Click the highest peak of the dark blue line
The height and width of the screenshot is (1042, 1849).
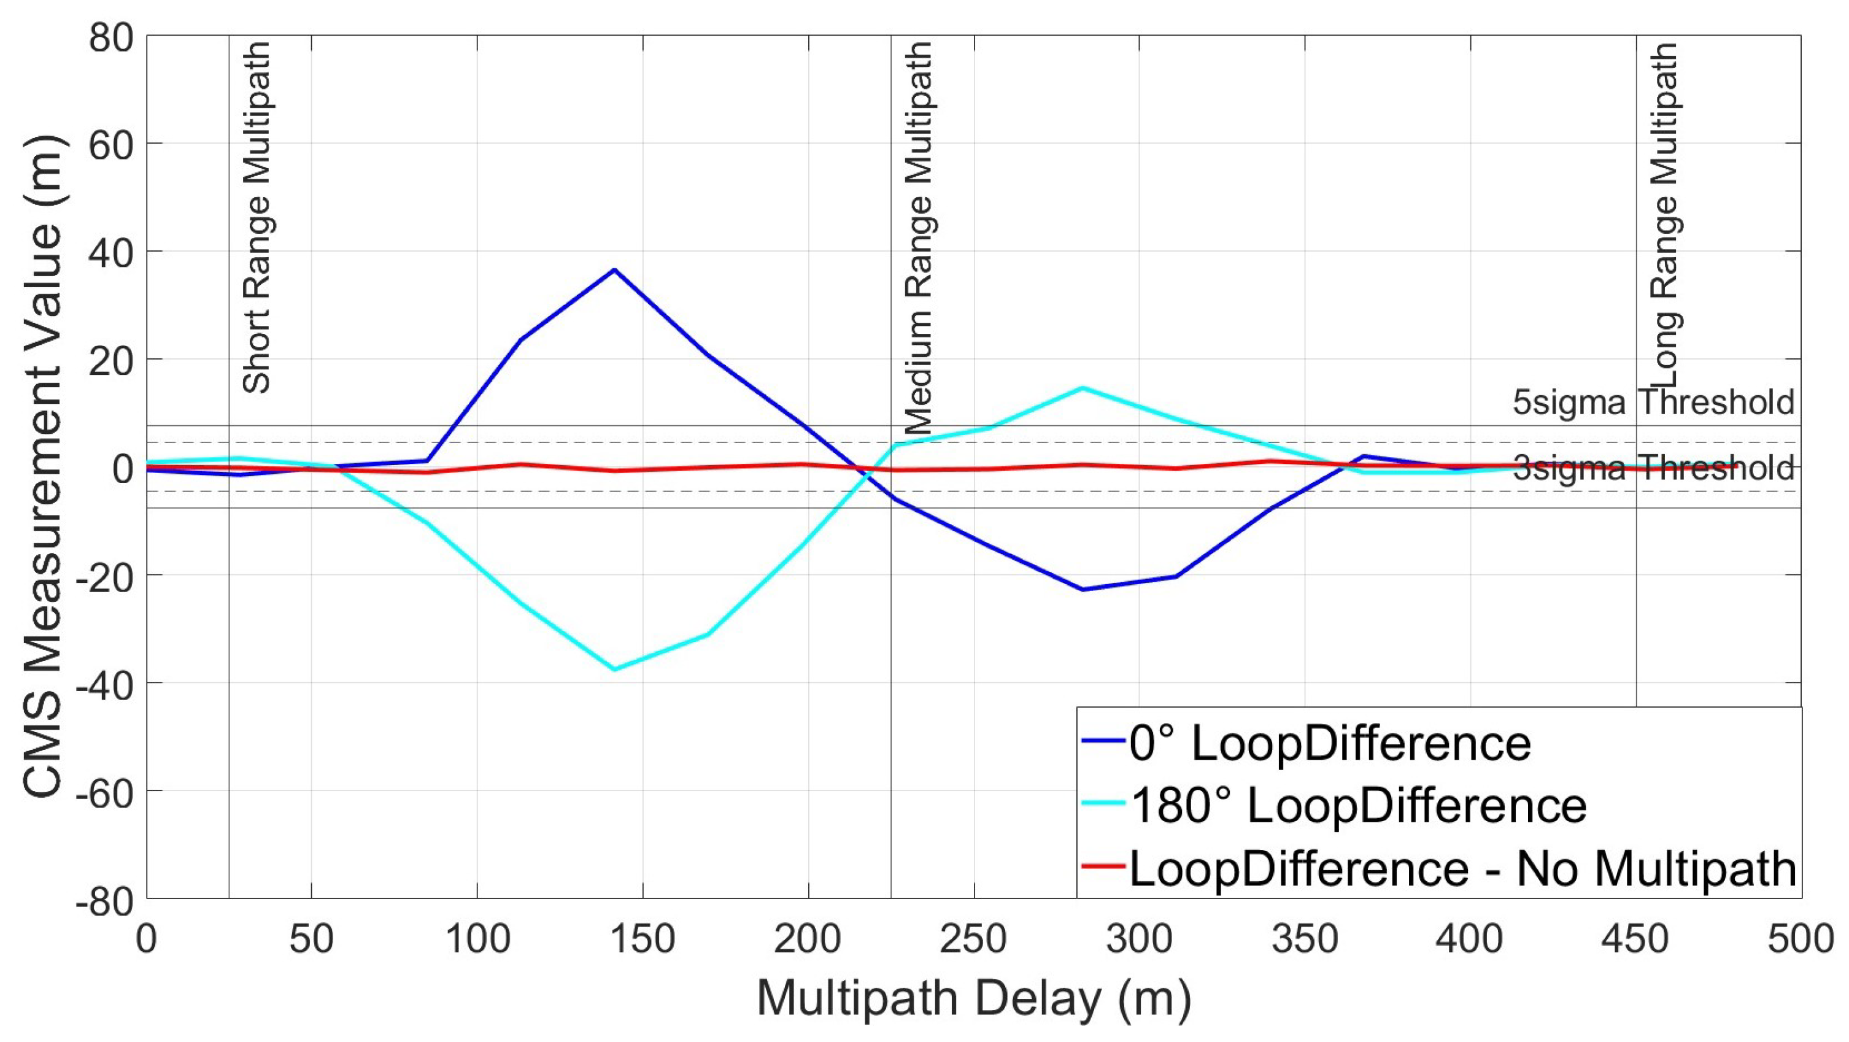pyautogui.click(x=614, y=270)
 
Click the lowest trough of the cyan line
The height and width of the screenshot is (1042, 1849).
pyautogui.click(x=614, y=670)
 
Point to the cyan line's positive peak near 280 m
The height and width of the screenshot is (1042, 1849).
pyautogui.click(x=1083, y=388)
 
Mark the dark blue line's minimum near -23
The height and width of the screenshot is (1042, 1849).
pyautogui.click(x=1083, y=589)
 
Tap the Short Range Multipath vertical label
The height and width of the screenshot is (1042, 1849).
pyautogui.click(x=257, y=217)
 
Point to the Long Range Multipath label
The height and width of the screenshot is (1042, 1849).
pyautogui.click(x=1664, y=215)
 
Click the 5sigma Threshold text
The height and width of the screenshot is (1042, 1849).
pyautogui.click(x=1653, y=403)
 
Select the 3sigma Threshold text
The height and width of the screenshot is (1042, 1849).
pyautogui.click(x=1653, y=469)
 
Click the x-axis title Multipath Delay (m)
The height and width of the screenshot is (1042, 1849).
pyautogui.click(x=974, y=998)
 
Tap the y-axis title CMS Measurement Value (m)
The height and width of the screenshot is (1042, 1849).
pyautogui.click(x=45, y=466)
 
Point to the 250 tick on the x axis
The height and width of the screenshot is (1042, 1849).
pyautogui.click(x=974, y=939)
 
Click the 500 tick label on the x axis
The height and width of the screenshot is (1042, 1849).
pyautogui.click(x=1800, y=939)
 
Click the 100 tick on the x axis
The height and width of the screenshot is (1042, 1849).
pyautogui.click(x=477, y=939)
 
